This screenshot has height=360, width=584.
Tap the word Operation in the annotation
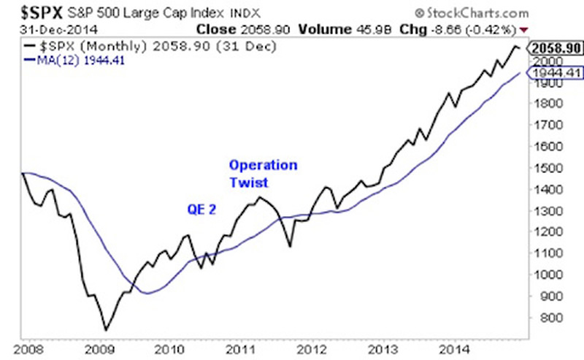(x=263, y=165)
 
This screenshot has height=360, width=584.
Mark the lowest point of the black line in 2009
(x=106, y=330)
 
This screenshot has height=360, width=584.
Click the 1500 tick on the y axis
(x=547, y=168)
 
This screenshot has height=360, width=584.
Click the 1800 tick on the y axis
(x=547, y=104)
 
